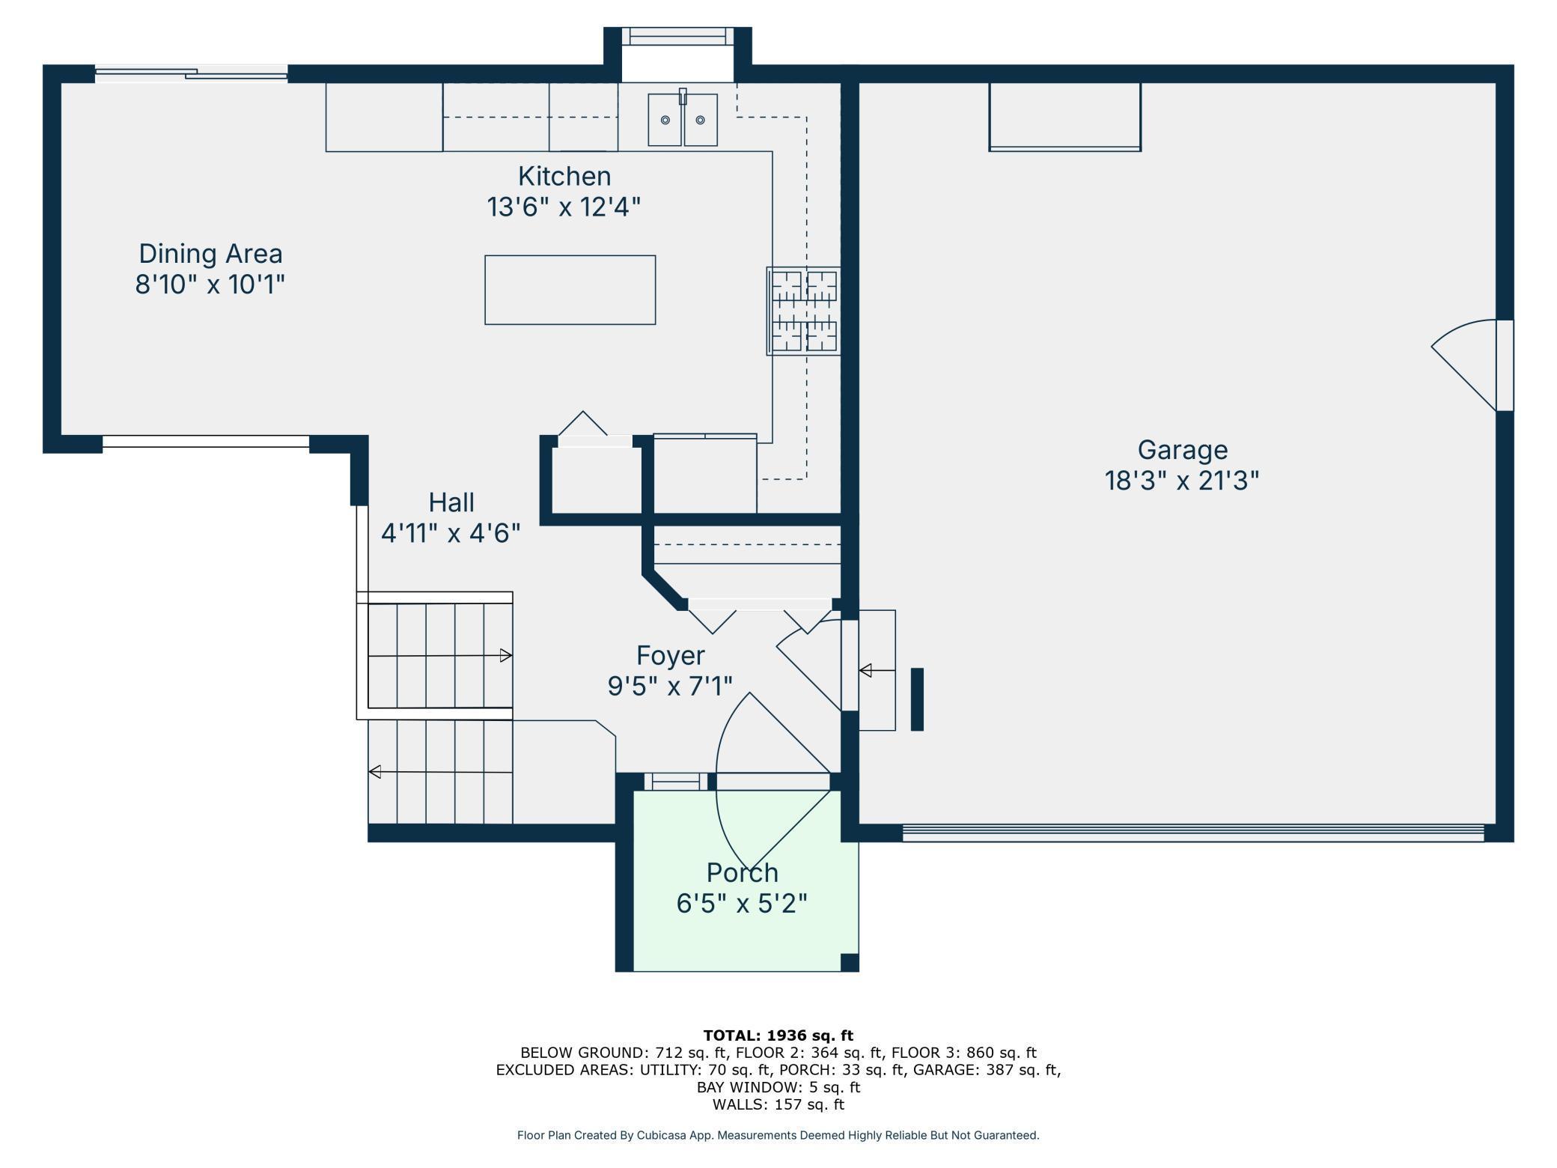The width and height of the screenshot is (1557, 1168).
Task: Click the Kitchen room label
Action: click(564, 176)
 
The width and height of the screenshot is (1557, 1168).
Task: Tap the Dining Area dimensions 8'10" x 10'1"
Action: click(210, 285)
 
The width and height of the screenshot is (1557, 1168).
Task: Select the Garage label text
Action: click(1183, 450)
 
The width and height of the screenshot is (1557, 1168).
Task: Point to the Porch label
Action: click(743, 872)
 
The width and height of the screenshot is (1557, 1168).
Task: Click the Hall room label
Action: click(451, 502)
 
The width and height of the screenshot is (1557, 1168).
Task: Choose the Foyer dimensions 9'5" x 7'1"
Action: click(670, 685)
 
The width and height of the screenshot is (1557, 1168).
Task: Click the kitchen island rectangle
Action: click(570, 290)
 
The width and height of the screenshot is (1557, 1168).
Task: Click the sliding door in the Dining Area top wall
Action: click(192, 73)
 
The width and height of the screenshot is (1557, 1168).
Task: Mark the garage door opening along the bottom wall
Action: click(1193, 833)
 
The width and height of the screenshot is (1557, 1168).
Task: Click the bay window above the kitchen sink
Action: click(678, 36)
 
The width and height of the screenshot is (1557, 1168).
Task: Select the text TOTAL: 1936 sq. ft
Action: click(778, 1035)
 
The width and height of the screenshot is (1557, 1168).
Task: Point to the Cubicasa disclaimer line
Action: click(778, 1135)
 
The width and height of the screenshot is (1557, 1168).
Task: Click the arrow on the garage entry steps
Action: click(877, 670)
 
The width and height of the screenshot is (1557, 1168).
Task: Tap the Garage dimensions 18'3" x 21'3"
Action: click(1183, 480)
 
